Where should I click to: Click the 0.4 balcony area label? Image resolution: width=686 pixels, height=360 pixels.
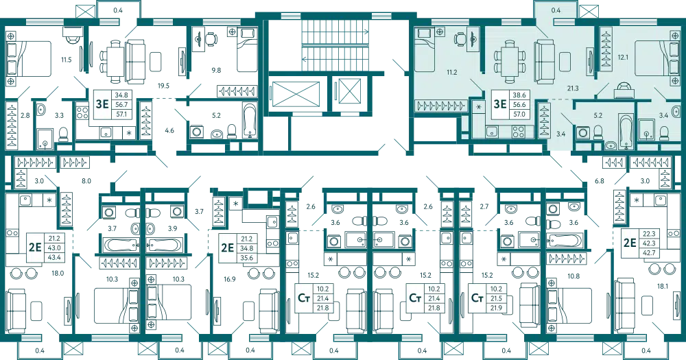pos(556,10)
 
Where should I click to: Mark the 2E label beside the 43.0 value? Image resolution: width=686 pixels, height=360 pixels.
pos(34,245)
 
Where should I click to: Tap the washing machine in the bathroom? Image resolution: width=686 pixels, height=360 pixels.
pos(582,132)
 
